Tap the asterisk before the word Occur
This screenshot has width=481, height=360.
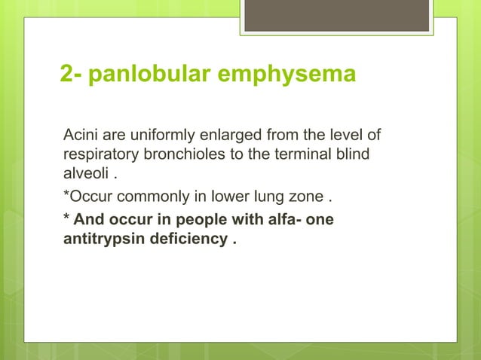pyautogui.click(x=66, y=196)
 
